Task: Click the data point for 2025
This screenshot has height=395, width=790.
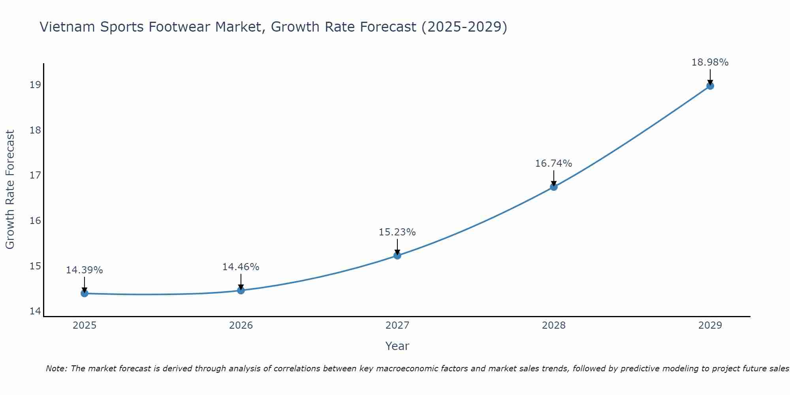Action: [x=85, y=293]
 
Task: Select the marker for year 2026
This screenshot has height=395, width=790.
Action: [x=241, y=290]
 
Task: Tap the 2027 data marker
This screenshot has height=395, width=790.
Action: [x=397, y=256]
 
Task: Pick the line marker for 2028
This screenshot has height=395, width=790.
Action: [x=554, y=187]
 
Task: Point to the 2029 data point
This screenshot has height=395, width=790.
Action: [x=710, y=86]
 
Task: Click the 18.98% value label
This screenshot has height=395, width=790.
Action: [x=710, y=62]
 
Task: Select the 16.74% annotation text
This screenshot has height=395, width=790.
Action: [x=553, y=164]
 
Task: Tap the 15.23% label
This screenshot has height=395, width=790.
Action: [x=397, y=232]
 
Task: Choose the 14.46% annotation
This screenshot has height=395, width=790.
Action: [x=241, y=267]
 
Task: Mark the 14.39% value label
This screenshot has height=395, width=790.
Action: [x=84, y=270]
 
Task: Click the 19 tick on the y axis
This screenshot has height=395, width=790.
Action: [x=36, y=85]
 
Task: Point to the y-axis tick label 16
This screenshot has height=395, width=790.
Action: [x=36, y=220]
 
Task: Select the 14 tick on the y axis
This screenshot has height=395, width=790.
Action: [x=36, y=311]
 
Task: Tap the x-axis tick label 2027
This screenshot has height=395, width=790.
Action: [x=397, y=325]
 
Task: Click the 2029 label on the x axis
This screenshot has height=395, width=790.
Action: [x=710, y=325]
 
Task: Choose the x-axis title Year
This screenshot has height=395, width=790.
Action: [x=397, y=346]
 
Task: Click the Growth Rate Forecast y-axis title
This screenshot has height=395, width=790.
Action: [x=10, y=190]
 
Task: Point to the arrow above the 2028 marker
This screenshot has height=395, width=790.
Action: [x=554, y=178]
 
